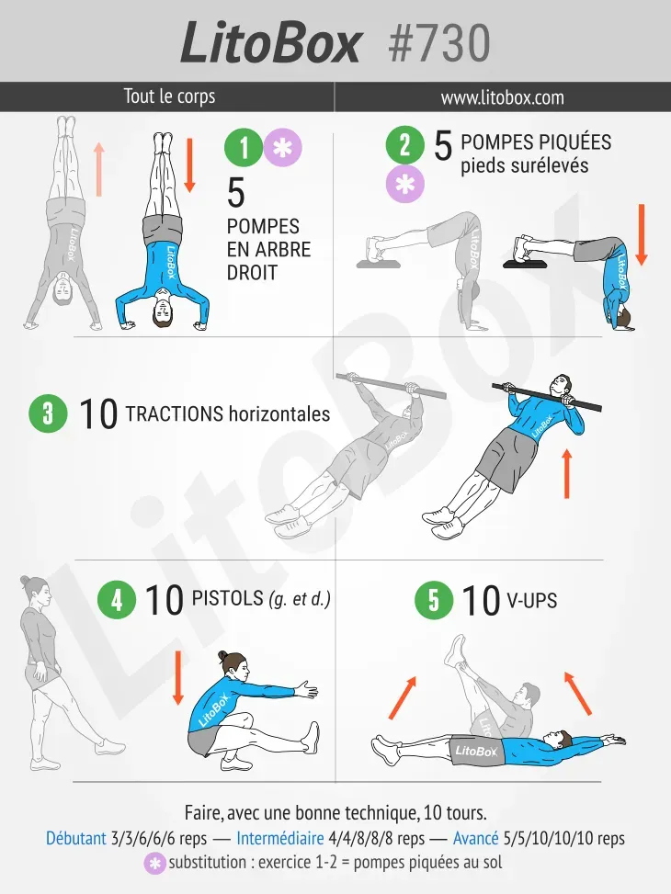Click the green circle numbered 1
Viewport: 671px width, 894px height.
(x=244, y=148)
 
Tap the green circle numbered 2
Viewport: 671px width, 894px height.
(x=405, y=145)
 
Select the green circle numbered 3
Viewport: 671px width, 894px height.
(x=48, y=413)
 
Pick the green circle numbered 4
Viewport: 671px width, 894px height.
(x=117, y=600)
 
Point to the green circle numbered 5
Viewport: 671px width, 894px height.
(x=434, y=600)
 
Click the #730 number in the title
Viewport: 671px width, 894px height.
(x=438, y=43)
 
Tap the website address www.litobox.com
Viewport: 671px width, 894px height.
(x=502, y=97)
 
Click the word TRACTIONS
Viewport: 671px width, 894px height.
(x=174, y=414)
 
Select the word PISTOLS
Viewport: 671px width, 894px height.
(x=227, y=598)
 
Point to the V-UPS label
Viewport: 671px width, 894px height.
(x=532, y=600)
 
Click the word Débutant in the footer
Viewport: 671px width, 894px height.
(x=76, y=838)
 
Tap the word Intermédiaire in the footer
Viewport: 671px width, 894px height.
(x=279, y=838)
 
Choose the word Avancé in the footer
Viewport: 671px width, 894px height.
(x=475, y=838)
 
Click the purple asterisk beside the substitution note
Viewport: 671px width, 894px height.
(x=154, y=863)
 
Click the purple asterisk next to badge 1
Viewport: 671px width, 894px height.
(x=282, y=148)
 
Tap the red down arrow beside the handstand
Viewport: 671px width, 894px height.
(x=190, y=164)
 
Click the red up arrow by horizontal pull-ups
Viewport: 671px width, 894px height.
(x=566, y=473)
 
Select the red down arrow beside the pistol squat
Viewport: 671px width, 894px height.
(x=177, y=677)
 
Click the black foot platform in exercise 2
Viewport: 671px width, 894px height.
(x=525, y=264)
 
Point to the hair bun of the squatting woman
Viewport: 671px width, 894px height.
(x=222, y=656)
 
